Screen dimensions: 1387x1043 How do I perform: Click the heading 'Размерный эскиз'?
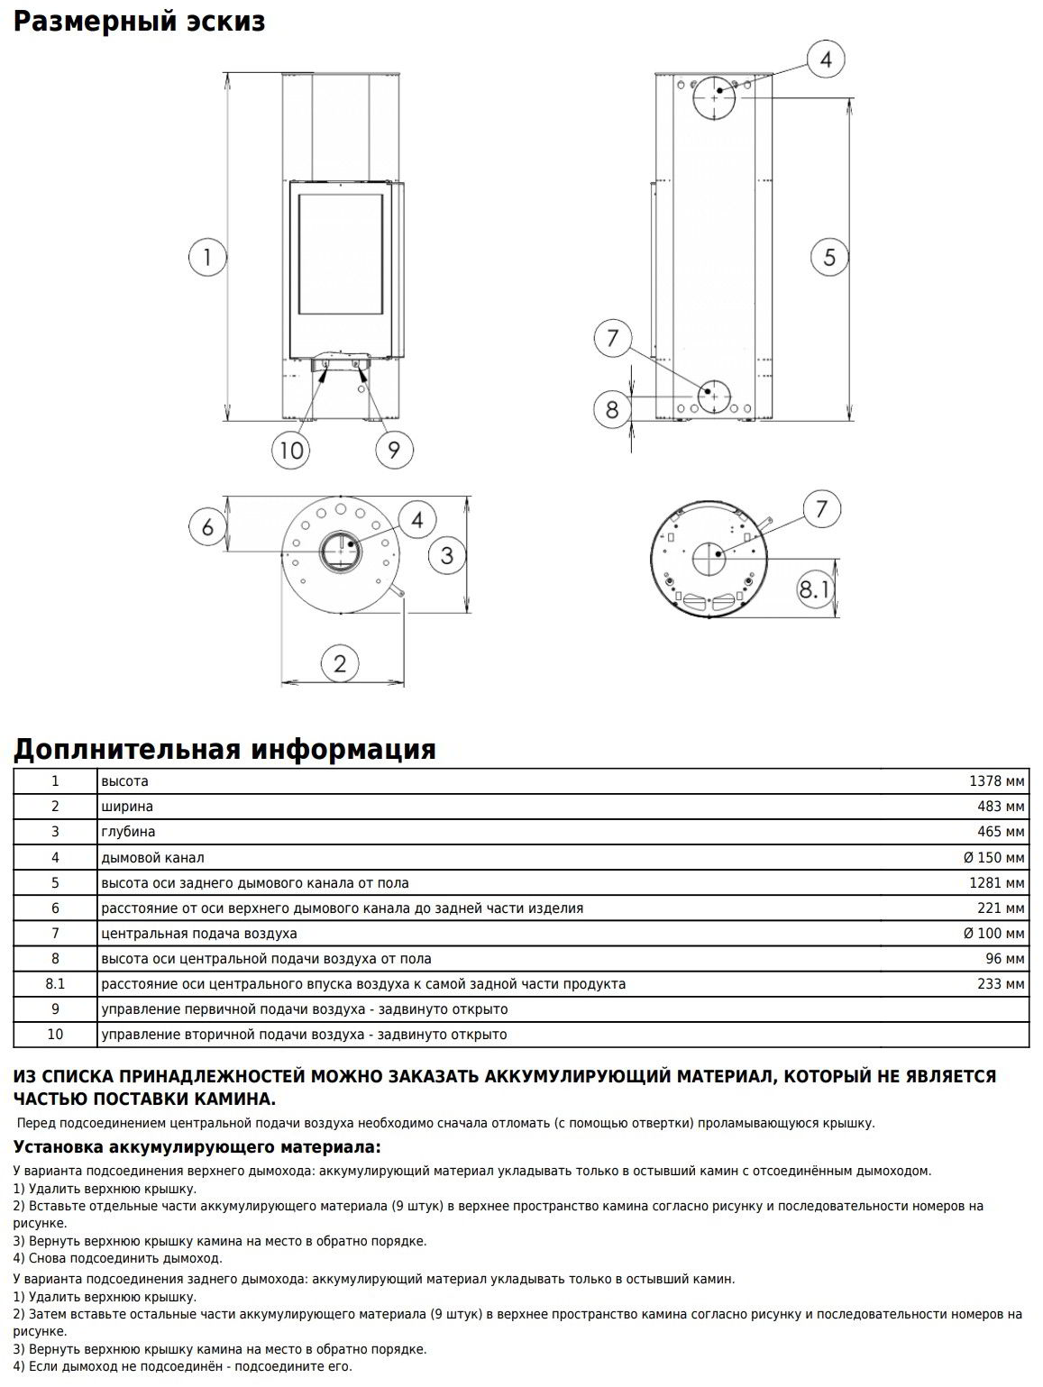140,21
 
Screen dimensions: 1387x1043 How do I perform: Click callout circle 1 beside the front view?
207,258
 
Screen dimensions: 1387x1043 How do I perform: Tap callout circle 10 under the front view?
291,449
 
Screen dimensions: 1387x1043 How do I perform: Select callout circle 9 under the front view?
394,449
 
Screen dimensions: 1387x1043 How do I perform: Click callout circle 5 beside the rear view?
829,258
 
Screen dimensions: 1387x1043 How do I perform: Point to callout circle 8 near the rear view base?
612,409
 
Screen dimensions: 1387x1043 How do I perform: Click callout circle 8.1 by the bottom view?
814,590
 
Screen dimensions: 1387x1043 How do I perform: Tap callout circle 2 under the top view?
340,663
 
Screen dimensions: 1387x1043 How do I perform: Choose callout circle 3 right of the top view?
447,554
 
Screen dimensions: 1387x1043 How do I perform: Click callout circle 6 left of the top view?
207,526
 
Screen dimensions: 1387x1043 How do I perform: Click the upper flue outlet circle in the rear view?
715,96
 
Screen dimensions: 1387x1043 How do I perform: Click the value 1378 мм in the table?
996,781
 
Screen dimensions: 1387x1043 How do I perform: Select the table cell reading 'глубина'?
128,832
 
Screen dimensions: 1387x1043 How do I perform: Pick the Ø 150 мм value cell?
993,857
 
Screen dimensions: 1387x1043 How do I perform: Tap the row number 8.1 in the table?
55,984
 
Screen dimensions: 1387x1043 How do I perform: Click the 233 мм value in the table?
1001,984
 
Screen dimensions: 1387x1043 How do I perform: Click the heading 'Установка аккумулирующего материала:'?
197,1147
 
